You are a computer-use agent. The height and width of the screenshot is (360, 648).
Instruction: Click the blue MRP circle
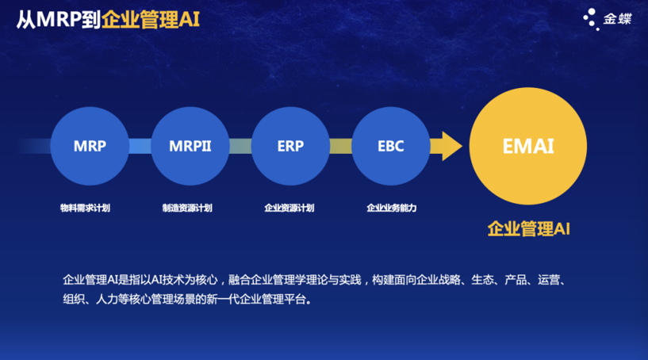[x=90, y=146]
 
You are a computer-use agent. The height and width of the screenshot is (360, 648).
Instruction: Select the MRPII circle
[x=190, y=146]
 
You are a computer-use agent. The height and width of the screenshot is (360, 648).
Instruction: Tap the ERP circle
[x=290, y=146]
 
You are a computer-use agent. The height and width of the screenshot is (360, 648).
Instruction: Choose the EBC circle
[x=391, y=146]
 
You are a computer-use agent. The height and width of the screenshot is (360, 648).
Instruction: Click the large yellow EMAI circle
[x=528, y=146]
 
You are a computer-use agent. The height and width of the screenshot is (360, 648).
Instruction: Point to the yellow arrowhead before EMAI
[x=451, y=146]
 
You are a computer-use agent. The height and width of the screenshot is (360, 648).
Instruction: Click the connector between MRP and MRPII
[x=140, y=146]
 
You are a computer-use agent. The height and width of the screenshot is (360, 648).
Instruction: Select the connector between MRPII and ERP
[x=240, y=146]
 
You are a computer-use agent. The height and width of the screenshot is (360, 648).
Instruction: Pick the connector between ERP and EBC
[x=340, y=146]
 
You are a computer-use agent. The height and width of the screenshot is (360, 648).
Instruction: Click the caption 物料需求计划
[x=85, y=208]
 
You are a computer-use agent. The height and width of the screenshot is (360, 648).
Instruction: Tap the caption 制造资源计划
[x=187, y=208]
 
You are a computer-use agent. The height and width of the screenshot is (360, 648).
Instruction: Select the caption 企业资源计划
[x=289, y=208]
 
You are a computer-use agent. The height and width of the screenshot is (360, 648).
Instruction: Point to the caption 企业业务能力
[x=391, y=208]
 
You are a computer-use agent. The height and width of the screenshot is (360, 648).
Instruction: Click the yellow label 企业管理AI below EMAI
[x=528, y=228]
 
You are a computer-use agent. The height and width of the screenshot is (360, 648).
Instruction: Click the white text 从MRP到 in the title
[x=59, y=19]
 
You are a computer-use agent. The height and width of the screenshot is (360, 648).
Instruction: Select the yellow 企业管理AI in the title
[x=151, y=19]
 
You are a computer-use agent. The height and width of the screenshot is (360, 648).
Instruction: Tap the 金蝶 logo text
[x=617, y=19]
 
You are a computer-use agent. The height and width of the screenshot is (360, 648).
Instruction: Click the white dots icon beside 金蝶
[x=592, y=19]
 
